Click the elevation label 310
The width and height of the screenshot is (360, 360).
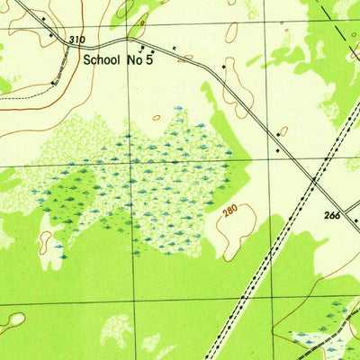click(x=76, y=40)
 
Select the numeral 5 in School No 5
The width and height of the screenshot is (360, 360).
click(x=164, y=61)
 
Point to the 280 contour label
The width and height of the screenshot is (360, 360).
click(x=229, y=213)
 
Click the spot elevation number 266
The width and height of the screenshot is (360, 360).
click(x=334, y=216)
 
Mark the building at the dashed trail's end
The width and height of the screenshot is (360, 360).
click(x=55, y=82)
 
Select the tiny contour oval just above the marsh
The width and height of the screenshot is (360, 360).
click(x=157, y=116)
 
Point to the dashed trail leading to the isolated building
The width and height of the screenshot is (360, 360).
click(x=27, y=88)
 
